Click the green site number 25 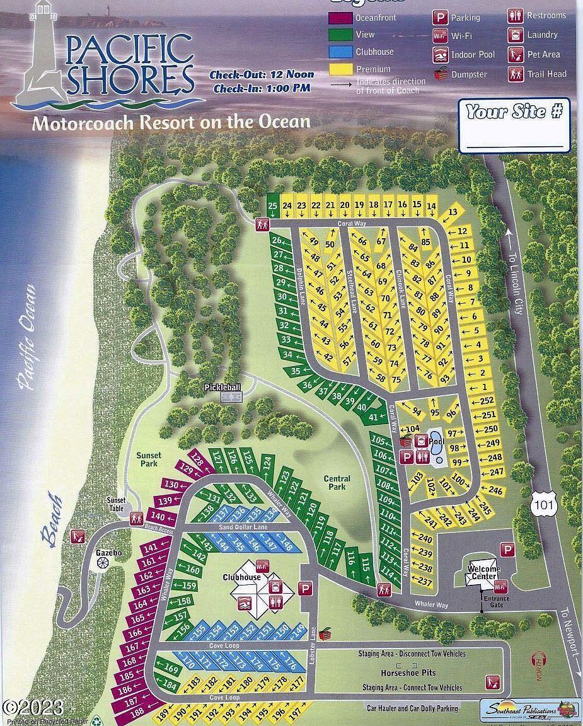[272, 205]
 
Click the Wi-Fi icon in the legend [439, 36]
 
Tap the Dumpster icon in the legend [440, 74]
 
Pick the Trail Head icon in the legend [516, 74]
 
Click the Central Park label [337, 483]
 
